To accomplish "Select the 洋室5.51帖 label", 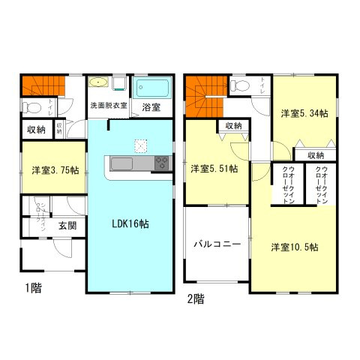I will click(213, 169).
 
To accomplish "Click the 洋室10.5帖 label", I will click(295, 247).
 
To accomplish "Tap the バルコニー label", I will click(216, 244).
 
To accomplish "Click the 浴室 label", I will click(150, 107).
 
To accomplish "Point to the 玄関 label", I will click(66, 224).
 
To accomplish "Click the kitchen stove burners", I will click(161, 163).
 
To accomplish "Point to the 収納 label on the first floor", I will click(36, 130).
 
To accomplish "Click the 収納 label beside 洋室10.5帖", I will click(316, 155).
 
